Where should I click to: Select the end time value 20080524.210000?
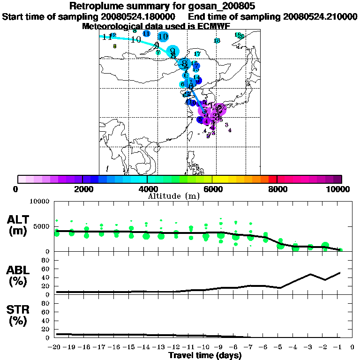(x=320, y=16)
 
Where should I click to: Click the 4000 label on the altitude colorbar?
(x=147, y=189)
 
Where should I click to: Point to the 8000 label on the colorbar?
(x=277, y=189)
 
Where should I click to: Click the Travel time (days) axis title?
(x=205, y=356)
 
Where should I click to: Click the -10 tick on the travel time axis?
(x=205, y=347)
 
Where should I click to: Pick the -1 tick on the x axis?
(x=339, y=347)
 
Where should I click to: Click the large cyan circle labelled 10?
(x=163, y=37)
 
